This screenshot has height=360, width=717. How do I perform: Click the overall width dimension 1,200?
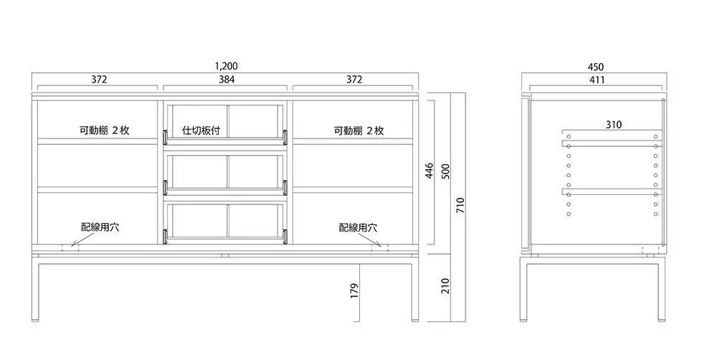227,66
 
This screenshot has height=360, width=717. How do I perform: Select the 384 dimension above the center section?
227,79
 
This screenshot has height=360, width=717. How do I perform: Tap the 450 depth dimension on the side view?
595,67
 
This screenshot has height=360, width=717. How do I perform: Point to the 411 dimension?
597,80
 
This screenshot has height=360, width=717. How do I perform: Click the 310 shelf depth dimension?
614,124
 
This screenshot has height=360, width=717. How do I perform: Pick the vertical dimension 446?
429,171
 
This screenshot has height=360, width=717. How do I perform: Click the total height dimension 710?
460,205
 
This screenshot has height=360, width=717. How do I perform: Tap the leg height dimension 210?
446,286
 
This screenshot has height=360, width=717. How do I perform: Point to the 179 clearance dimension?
355,291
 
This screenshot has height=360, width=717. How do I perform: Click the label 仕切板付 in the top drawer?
201,131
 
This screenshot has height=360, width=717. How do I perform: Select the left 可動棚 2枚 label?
104,131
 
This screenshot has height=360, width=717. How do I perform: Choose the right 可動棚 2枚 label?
358,131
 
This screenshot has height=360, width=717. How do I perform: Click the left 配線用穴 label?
100,227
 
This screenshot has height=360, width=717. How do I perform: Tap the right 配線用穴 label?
358,227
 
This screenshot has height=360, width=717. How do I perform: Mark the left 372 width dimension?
99,79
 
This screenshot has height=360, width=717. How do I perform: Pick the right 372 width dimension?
354,79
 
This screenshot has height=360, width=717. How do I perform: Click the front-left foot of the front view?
36,320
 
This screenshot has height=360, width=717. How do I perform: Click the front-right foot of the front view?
414,320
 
